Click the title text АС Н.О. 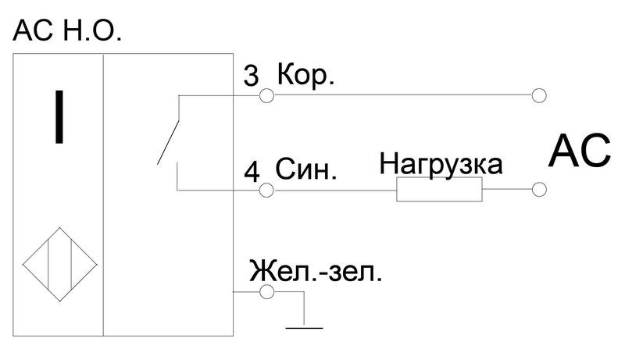pyautogui.click(x=67, y=30)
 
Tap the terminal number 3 pyautogui.click(x=251, y=76)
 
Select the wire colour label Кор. pyautogui.click(x=305, y=75)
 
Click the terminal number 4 pyautogui.click(x=252, y=172)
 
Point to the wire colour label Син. pyautogui.click(x=306, y=169)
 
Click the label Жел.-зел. pyautogui.click(x=316, y=271)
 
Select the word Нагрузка pyautogui.click(x=441, y=165)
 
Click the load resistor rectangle pyautogui.click(x=439, y=189)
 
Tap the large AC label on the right pyautogui.click(x=580, y=151)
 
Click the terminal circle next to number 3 pyautogui.click(x=266, y=96)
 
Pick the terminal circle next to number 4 pyautogui.click(x=266, y=191)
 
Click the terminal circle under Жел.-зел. pyautogui.click(x=266, y=292)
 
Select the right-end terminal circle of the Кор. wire pyautogui.click(x=539, y=95)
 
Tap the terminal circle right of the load pyautogui.click(x=539, y=189)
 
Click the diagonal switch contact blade pyautogui.click(x=168, y=142)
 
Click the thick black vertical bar pyautogui.click(x=59, y=116)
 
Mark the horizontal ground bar pyautogui.click(x=304, y=328)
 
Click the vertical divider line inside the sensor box pyautogui.click(x=103, y=194)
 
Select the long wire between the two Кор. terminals pyautogui.click(x=402, y=95)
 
